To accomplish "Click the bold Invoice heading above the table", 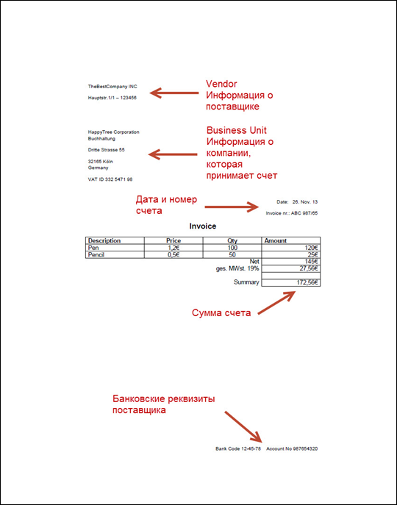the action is pos(203,226).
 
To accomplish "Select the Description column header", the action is pos(104,240).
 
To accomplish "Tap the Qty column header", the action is pos(232,240).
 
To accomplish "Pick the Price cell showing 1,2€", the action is pos(174,248).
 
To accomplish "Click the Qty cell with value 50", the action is pos(232,255).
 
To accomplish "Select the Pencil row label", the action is pos(96,255).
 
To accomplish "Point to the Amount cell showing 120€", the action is pos(311,248).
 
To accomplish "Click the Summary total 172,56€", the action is pos(307,282).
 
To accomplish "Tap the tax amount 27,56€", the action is pos(309,268).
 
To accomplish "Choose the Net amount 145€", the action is pos(311,262).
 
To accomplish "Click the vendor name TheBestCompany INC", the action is pos(112,86).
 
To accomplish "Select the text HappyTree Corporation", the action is pos(114,132).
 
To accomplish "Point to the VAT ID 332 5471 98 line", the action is pos(110,179).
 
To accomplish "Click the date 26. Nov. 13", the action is pos(305,202).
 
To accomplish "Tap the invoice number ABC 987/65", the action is pos(304,213).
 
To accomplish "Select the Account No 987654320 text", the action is pos(292,448).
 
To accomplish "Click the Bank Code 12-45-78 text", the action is pos(238,448).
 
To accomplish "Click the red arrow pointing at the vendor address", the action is pos(174,93).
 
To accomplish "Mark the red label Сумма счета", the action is pos(221,312).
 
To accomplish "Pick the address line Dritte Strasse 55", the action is pos(107,150).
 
